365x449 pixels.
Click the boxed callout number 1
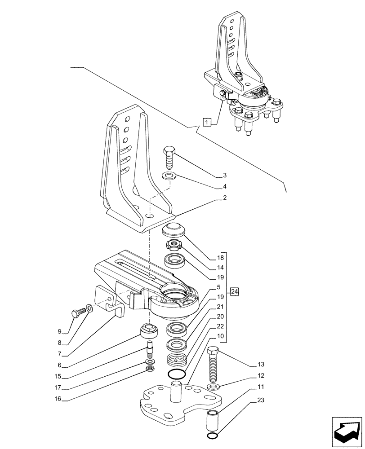206,121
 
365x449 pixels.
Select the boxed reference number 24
234,292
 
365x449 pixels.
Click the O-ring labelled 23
213,437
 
